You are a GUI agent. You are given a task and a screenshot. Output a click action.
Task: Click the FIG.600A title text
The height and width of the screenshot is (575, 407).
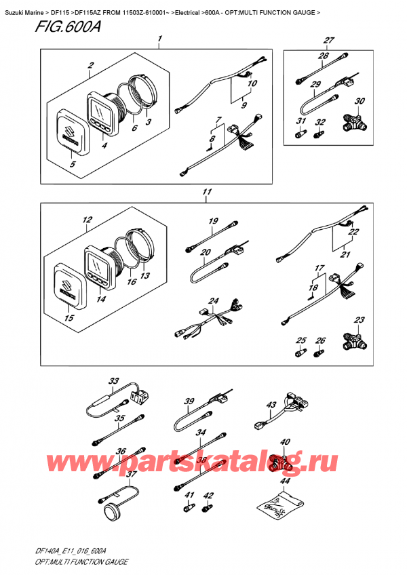click(69, 26)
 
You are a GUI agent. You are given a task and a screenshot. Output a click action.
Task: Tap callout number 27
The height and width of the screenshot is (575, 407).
click(329, 40)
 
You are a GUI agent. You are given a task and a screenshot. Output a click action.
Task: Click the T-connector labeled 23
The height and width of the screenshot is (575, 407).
click(354, 341)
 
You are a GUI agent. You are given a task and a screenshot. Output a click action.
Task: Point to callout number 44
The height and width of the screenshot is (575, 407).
click(285, 481)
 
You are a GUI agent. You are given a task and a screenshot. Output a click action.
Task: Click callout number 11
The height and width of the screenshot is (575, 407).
click(207, 192)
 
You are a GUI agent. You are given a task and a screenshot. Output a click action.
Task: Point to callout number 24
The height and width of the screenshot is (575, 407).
click(213, 301)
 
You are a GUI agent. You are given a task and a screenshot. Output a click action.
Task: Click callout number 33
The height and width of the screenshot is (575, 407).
click(114, 381)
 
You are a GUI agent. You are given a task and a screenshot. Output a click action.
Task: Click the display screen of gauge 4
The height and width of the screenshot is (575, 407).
click(100, 111)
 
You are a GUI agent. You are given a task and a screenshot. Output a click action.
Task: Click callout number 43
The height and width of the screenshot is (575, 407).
click(271, 405)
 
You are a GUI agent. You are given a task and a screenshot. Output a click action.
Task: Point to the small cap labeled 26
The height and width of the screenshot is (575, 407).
click(319, 354)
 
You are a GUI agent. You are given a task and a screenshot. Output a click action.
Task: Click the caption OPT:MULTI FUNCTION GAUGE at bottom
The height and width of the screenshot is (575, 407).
click(82, 561)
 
